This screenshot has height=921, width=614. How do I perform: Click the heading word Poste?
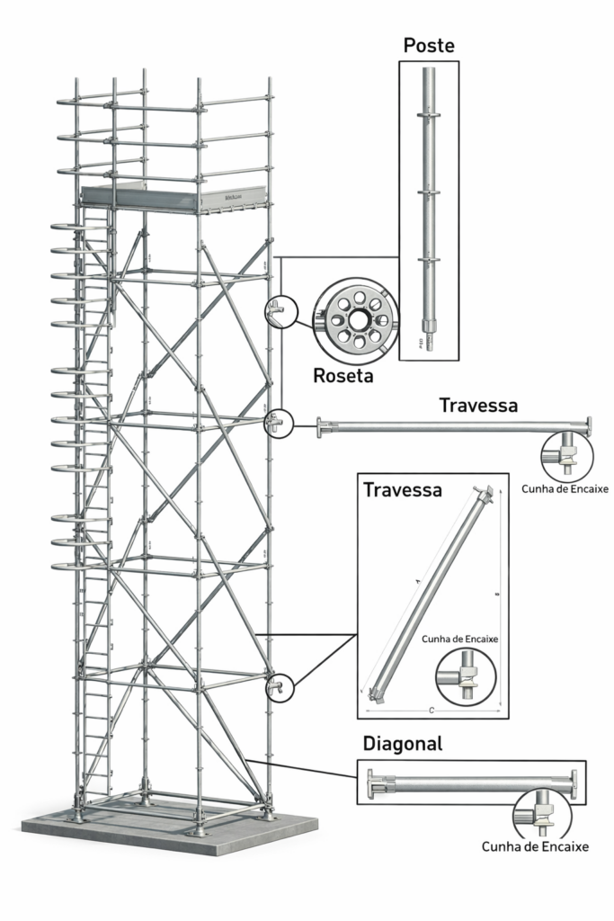pyautogui.click(x=429, y=45)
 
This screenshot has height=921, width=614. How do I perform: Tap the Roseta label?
pyautogui.click(x=343, y=376)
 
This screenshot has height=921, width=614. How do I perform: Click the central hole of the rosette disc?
pyautogui.click(x=358, y=319)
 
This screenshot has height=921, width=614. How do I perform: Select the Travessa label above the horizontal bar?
pyautogui.click(x=478, y=406)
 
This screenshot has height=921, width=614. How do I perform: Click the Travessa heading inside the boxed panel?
pyautogui.click(x=402, y=490)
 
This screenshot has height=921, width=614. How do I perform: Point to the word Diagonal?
pyautogui.click(x=403, y=745)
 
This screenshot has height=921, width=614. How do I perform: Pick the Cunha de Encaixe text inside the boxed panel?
pyautogui.click(x=459, y=639)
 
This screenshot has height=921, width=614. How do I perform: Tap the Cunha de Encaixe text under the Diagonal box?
pyautogui.click(x=535, y=846)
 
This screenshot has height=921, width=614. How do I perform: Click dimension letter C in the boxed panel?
pyautogui.click(x=432, y=711)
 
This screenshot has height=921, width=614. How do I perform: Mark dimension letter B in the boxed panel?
pyautogui.click(x=497, y=594)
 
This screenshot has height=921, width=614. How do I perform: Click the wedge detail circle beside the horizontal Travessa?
pyautogui.click(x=566, y=455)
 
